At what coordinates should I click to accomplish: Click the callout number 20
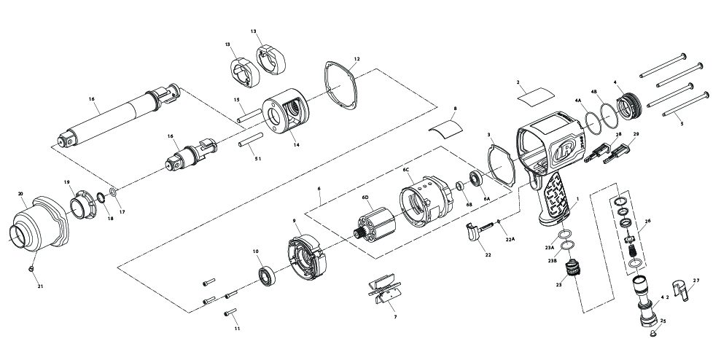pyautogui.click(x=21, y=193)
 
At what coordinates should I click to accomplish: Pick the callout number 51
pyautogui.click(x=257, y=158)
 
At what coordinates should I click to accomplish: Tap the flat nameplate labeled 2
pyautogui.click(x=534, y=95)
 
